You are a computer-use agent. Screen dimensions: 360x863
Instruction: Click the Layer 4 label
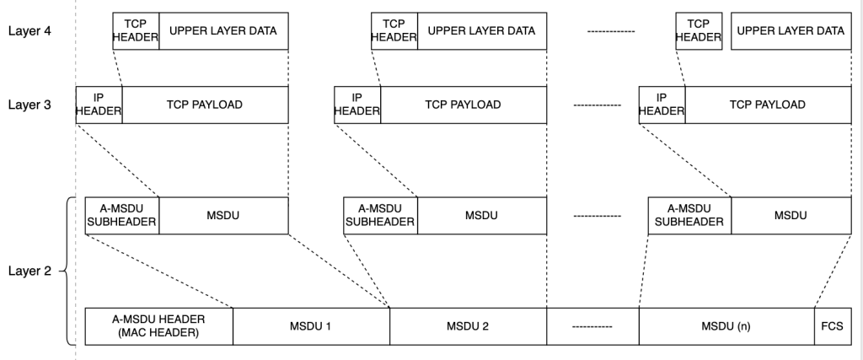(28, 31)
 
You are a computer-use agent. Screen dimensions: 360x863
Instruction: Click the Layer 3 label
(28, 105)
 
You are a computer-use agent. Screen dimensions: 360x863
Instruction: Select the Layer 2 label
(28, 271)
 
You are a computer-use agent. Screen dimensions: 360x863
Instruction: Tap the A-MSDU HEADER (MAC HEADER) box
(158, 326)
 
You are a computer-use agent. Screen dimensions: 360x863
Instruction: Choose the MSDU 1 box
(311, 326)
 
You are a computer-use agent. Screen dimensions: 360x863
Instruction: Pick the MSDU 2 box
(468, 326)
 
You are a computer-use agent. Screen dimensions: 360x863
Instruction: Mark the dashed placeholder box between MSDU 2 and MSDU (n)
(592, 326)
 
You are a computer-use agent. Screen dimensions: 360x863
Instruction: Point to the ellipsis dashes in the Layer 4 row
(610, 31)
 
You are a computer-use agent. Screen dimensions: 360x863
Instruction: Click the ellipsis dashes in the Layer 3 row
(597, 105)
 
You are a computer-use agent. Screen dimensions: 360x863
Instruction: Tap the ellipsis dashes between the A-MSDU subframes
(597, 216)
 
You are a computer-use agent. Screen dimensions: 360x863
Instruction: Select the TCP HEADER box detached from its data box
(699, 31)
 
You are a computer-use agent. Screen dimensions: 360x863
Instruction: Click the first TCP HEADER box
(136, 31)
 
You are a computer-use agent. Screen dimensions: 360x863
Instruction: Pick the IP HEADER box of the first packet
(99, 105)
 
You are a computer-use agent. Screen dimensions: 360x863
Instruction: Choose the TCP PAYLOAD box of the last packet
(767, 105)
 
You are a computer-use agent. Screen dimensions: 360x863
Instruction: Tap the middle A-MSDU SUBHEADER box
(380, 216)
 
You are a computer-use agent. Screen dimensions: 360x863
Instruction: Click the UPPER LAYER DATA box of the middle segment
(482, 31)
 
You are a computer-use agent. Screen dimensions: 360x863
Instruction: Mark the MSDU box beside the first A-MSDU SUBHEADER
(223, 216)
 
